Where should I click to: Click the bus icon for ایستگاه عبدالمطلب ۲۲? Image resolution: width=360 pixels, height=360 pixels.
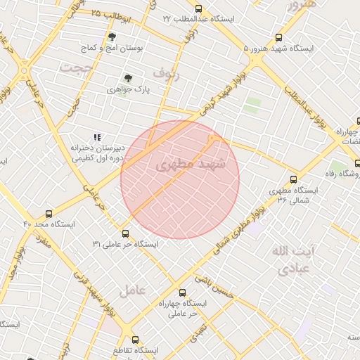point(198,8)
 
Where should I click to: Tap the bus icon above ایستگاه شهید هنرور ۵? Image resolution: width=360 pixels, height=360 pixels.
point(279,39)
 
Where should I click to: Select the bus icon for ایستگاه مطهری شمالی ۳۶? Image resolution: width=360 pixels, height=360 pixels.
point(293,179)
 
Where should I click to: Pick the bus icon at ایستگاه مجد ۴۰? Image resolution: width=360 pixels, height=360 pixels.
point(49,212)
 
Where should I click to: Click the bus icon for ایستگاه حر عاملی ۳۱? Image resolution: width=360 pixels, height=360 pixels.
point(125,233)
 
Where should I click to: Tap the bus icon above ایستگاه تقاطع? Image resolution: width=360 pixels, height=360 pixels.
point(136,340)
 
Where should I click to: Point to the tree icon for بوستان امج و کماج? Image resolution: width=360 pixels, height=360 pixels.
point(112,36)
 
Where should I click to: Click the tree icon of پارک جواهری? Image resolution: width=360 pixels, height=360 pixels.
point(128,79)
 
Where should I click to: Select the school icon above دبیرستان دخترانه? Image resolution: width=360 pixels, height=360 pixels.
point(98,137)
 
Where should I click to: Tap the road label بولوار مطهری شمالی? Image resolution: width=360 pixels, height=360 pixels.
point(240,218)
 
